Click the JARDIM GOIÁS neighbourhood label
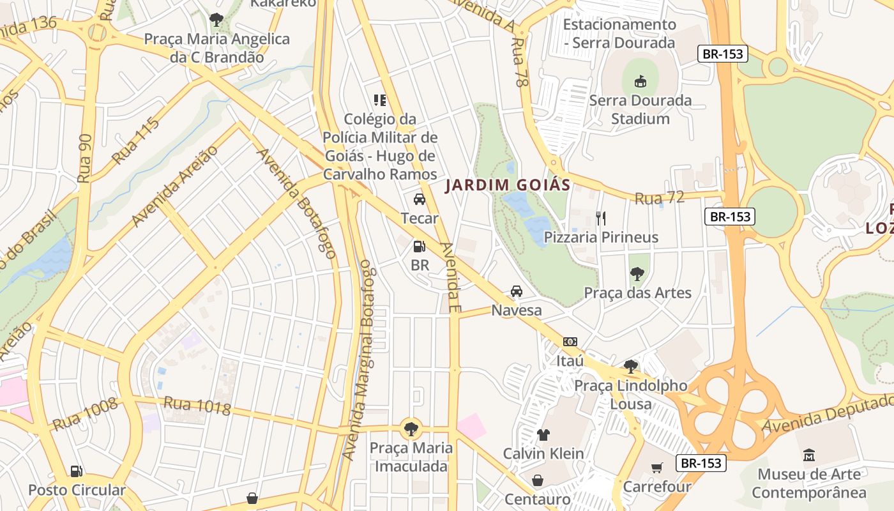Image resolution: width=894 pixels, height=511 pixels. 507,185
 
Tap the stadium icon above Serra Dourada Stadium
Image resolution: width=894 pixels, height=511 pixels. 640,81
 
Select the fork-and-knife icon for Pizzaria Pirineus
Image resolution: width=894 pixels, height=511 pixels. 600,218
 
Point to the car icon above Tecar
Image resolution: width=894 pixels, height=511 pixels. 420,199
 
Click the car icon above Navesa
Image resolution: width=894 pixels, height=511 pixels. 517,292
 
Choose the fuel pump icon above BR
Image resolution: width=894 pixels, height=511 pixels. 420,246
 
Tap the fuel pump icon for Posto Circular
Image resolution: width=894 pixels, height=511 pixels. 77,471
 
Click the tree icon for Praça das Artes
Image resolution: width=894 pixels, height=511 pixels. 637,274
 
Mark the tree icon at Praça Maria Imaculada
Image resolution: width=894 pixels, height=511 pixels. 411,429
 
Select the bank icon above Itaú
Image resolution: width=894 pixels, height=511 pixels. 570,342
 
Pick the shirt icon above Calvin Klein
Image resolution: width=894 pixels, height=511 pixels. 543,435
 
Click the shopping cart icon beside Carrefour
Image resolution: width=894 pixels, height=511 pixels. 657,468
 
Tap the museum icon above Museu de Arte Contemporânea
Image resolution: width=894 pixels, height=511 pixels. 809,455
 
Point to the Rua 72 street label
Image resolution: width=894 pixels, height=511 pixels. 659,198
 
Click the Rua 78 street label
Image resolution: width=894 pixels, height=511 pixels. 520,61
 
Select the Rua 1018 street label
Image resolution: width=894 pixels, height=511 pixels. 197,406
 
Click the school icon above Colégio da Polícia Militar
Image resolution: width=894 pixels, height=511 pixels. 380,100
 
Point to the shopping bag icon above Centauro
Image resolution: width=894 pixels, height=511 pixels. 538,480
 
